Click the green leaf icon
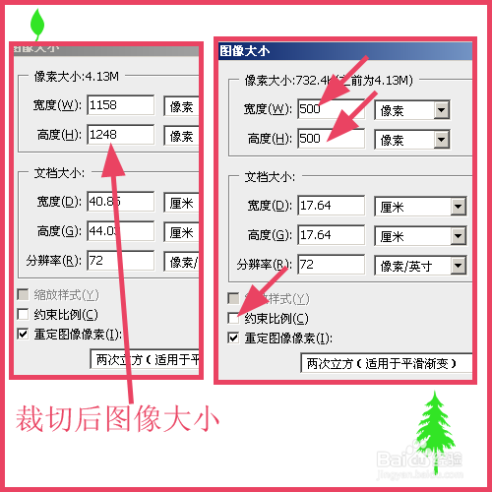tap(38, 22)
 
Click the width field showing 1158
tap(120, 105)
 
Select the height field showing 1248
tap(120, 135)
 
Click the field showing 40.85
tap(120, 202)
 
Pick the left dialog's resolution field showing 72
tap(120, 261)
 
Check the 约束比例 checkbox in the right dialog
tap(233, 319)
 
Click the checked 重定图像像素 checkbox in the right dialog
tap(233, 338)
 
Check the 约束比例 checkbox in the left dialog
tap(24, 315)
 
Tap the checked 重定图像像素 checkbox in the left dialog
tap(24, 334)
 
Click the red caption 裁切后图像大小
tap(116, 418)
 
